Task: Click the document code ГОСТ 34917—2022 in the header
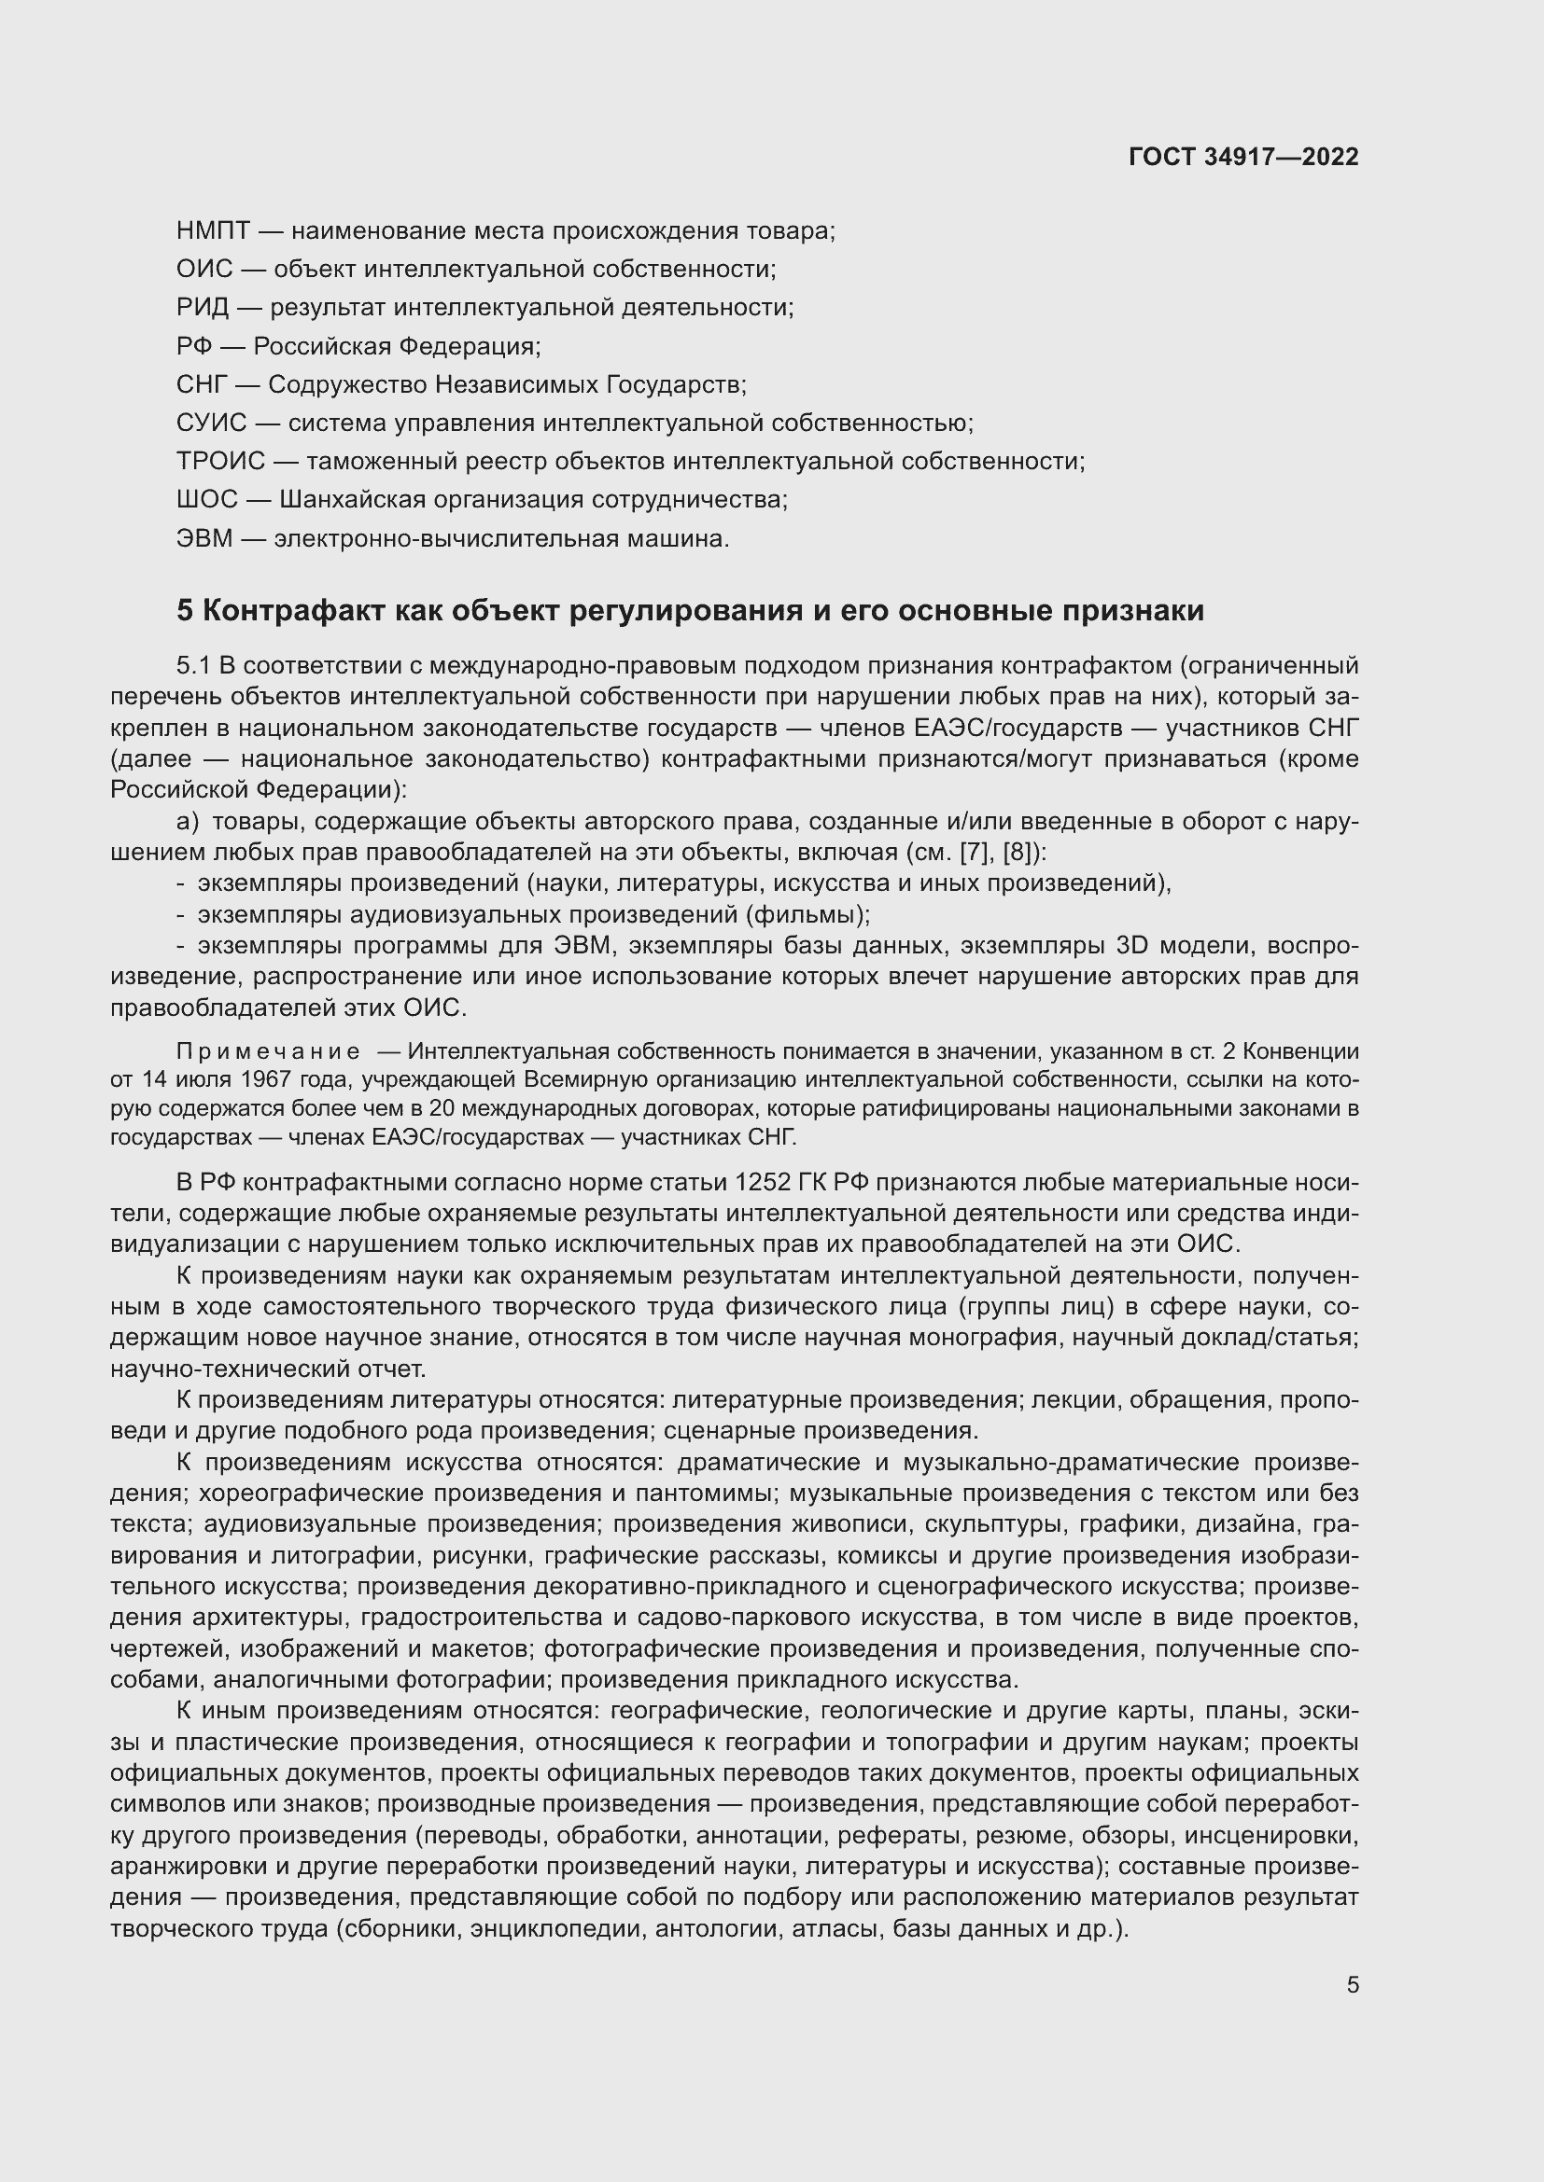coord(1243,157)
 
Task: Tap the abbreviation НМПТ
coord(214,231)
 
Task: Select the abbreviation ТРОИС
coord(220,462)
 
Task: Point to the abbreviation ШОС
coord(207,500)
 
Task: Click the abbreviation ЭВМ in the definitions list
coord(204,539)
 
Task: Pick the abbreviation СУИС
coord(211,423)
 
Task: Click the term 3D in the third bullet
coord(1132,946)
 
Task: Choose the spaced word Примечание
coord(269,1051)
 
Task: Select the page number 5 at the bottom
coord(1352,1985)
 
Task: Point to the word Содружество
coord(346,385)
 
